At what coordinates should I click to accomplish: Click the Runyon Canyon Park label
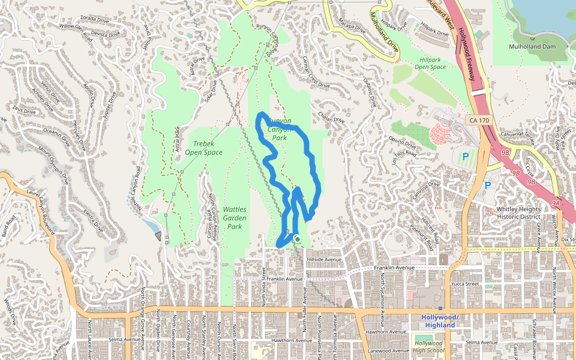(280, 129)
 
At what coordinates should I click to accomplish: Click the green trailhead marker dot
(297, 239)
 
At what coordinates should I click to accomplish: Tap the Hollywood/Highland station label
(440, 321)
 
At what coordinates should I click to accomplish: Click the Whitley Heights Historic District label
(518, 213)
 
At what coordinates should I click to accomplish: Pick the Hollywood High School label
(429, 347)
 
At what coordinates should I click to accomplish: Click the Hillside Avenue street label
(323, 259)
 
